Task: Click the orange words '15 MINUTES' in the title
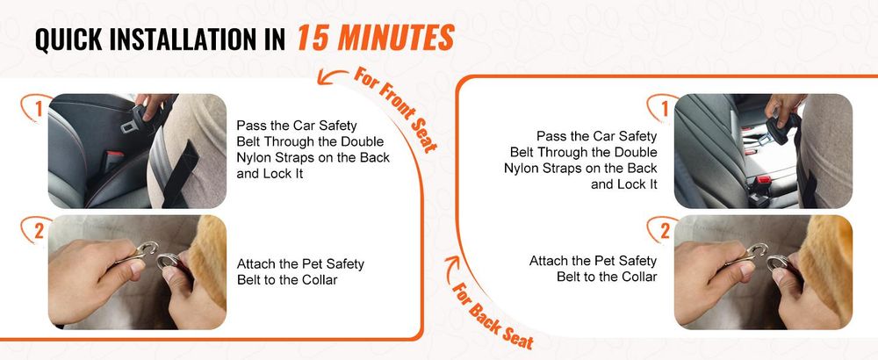click(375, 39)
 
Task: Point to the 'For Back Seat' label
click(493, 317)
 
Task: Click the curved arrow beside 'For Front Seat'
click(332, 76)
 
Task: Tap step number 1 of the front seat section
click(38, 109)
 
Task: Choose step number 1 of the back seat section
click(665, 109)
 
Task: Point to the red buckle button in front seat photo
click(115, 154)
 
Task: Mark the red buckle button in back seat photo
click(763, 182)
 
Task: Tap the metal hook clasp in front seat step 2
click(141, 252)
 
